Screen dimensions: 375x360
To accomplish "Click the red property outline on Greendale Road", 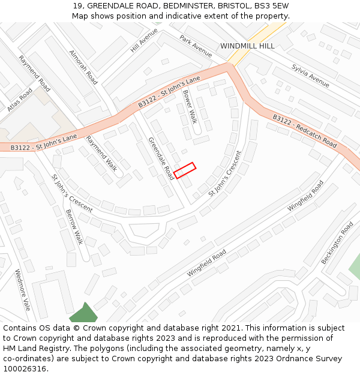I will click(185, 170).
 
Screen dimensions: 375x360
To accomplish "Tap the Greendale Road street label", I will click(161, 158).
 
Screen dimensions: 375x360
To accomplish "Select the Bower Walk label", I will click(190, 106).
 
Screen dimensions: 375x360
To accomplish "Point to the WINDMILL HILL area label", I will click(247, 46).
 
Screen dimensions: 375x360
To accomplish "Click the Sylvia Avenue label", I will click(310, 75).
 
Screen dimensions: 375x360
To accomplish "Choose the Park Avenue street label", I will click(196, 46).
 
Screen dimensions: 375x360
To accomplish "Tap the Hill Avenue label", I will click(144, 40).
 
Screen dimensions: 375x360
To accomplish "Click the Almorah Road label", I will click(83, 66).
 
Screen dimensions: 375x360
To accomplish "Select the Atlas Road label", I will click(20, 100).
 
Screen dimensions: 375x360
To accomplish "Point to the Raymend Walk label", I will click(101, 153).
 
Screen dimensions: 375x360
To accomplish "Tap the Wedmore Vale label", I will click(22, 290).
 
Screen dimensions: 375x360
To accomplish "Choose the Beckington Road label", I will click(337, 243).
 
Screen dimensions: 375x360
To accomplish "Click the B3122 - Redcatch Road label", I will click(304, 131).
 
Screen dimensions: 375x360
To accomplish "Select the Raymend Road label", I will click(34, 74).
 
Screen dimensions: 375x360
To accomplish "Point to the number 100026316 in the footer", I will click(25, 368).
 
